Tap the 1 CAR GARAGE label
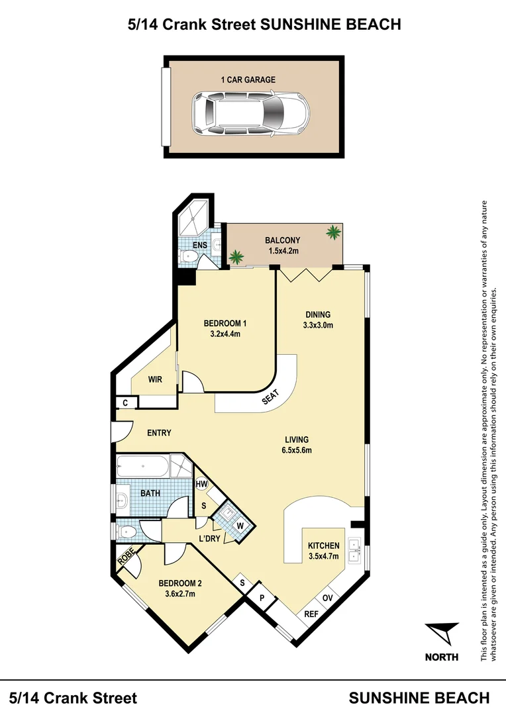point(248,79)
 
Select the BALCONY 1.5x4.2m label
point(283,246)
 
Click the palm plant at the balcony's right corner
point(333,232)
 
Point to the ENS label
point(200,246)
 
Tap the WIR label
point(155,379)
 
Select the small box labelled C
point(125,403)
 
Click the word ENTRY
point(159,433)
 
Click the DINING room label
point(318,314)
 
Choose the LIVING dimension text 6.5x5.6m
point(297,450)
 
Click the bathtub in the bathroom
point(142,466)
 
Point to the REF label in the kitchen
point(311,614)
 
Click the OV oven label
point(327,598)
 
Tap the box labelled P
point(262,598)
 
